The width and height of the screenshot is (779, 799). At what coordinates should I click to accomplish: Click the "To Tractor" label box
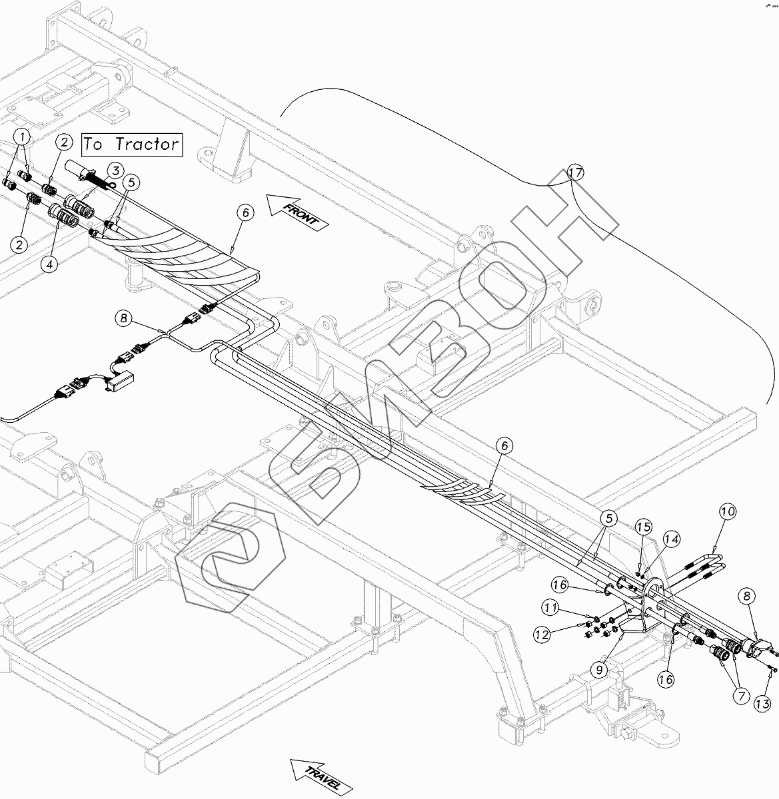pyautogui.click(x=132, y=144)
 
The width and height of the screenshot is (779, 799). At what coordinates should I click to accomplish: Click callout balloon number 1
pyautogui.click(x=23, y=138)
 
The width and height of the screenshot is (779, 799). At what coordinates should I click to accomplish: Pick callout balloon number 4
pyautogui.click(x=49, y=264)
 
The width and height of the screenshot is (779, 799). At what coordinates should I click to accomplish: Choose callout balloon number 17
pyautogui.click(x=575, y=173)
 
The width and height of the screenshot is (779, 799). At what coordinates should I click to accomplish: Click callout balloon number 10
pyautogui.click(x=727, y=512)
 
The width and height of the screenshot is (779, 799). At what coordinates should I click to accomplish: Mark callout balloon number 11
pyautogui.click(x=550, y=607)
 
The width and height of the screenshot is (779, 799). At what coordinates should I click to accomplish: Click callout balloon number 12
pyautogui.click(x=541, y=635)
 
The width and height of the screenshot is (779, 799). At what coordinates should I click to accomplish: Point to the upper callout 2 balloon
pyautogui.click(x=64, y=142)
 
